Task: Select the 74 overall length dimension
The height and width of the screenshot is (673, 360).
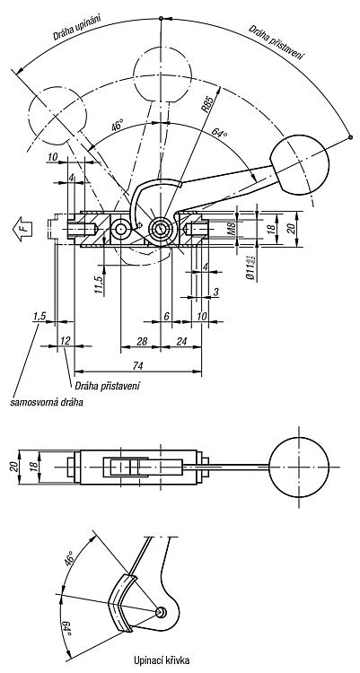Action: point(138,365)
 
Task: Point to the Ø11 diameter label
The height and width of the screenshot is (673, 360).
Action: point(251,267)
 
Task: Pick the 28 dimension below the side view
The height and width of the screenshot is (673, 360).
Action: point(142,341)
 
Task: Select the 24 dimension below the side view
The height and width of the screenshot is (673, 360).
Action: point(181,341)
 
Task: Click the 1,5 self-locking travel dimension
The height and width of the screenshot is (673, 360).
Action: point(40,317)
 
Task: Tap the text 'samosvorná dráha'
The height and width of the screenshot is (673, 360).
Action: point(47,403)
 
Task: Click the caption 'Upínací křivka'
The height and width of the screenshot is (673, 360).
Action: point(161,660)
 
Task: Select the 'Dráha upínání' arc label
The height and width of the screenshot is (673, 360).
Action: point(77,28)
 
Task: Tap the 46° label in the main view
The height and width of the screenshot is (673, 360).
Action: point(117,127)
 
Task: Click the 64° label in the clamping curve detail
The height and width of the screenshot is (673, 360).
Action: point(66,629)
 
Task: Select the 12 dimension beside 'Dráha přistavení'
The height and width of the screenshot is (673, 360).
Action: point(66,341)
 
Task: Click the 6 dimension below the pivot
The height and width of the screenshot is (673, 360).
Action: point(166,316)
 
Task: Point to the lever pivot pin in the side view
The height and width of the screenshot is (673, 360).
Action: point(161,229)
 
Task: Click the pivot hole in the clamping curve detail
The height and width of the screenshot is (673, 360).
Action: point(160,613)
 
